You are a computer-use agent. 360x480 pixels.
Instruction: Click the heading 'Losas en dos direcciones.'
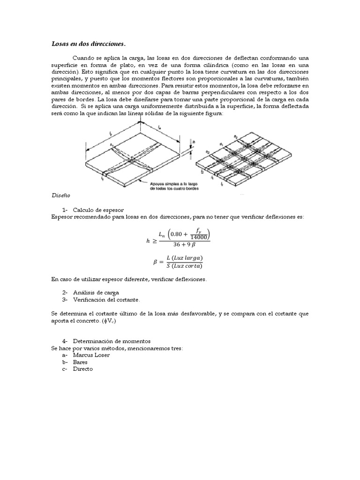point(88,44)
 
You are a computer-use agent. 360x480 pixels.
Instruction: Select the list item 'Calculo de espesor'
point(98,210)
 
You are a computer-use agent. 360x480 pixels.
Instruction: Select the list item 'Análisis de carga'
point(96,292)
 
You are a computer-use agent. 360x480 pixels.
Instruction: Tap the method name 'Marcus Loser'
point(91,355)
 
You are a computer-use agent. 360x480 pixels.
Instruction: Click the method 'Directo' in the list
point(83,369)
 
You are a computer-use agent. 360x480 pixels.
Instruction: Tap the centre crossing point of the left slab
point(133,160)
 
